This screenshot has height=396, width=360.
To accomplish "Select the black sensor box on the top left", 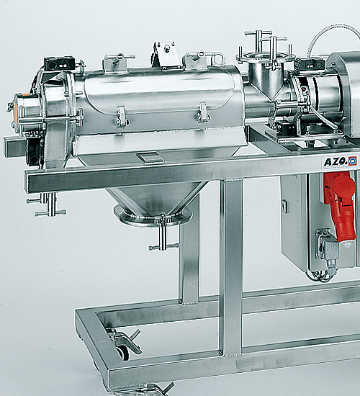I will (x=57, y=63).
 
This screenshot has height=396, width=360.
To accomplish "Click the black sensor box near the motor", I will (x=308, y=64).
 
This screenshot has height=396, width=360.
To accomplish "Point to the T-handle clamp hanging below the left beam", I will (x=47, y=205).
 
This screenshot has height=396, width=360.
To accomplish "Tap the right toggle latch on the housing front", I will (x=203, y=112).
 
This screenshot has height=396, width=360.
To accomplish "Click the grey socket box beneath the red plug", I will (x=328, y=248).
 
